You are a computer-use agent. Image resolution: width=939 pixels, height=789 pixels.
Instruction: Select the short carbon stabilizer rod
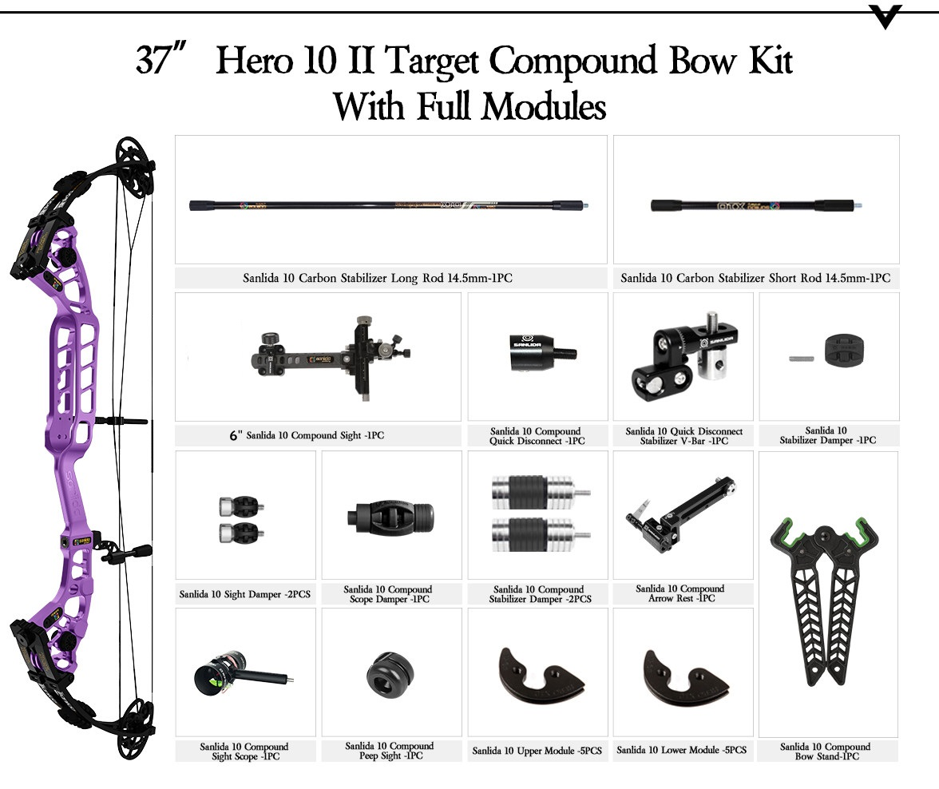coord(755,205)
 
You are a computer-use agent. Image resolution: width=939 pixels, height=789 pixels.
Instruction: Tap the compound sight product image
coord(331,359)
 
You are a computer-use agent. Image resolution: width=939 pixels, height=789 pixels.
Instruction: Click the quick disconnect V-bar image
coord(683,356)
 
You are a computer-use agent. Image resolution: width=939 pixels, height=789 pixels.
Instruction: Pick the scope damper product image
coord(390,517)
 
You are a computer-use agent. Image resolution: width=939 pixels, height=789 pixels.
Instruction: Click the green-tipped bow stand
coord(826,599)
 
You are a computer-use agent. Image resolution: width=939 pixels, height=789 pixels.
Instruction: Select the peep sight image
coord(390,675)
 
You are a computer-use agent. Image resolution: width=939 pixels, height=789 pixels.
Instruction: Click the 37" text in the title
coord(161,59)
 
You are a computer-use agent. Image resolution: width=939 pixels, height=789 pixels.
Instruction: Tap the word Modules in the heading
coord(544,107)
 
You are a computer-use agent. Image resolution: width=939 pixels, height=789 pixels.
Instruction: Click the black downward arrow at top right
coord(885,17)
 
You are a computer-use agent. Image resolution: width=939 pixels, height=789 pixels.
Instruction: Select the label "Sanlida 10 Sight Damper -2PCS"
coord(245,594)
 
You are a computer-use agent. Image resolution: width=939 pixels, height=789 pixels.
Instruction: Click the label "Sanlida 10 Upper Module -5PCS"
coord(537,751)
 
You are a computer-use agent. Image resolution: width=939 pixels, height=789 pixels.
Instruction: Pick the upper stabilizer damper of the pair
coord(540,493)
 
